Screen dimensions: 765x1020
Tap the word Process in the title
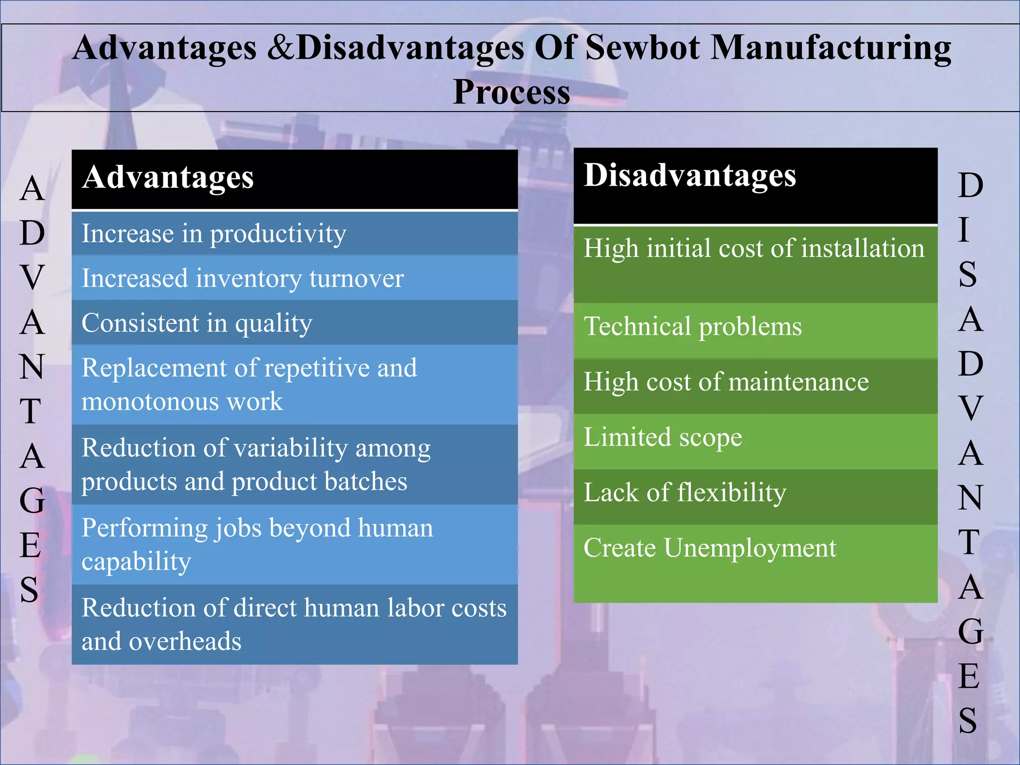[x=511, y=93]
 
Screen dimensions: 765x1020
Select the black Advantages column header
[x=294, y=179]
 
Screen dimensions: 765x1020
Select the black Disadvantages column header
[x=755, y=185]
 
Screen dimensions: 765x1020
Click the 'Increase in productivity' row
[x=294, y=233]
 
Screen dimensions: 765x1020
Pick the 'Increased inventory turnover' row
[x=294, y=278]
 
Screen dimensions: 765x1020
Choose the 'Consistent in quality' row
[x=294, y=323]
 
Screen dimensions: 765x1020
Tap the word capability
[x=136, y=561]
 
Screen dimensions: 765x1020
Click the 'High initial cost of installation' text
[x=754, y=248]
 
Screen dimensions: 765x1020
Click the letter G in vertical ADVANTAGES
[x=32, y=500]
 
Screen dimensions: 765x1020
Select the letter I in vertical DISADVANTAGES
[x=964, y=230]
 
